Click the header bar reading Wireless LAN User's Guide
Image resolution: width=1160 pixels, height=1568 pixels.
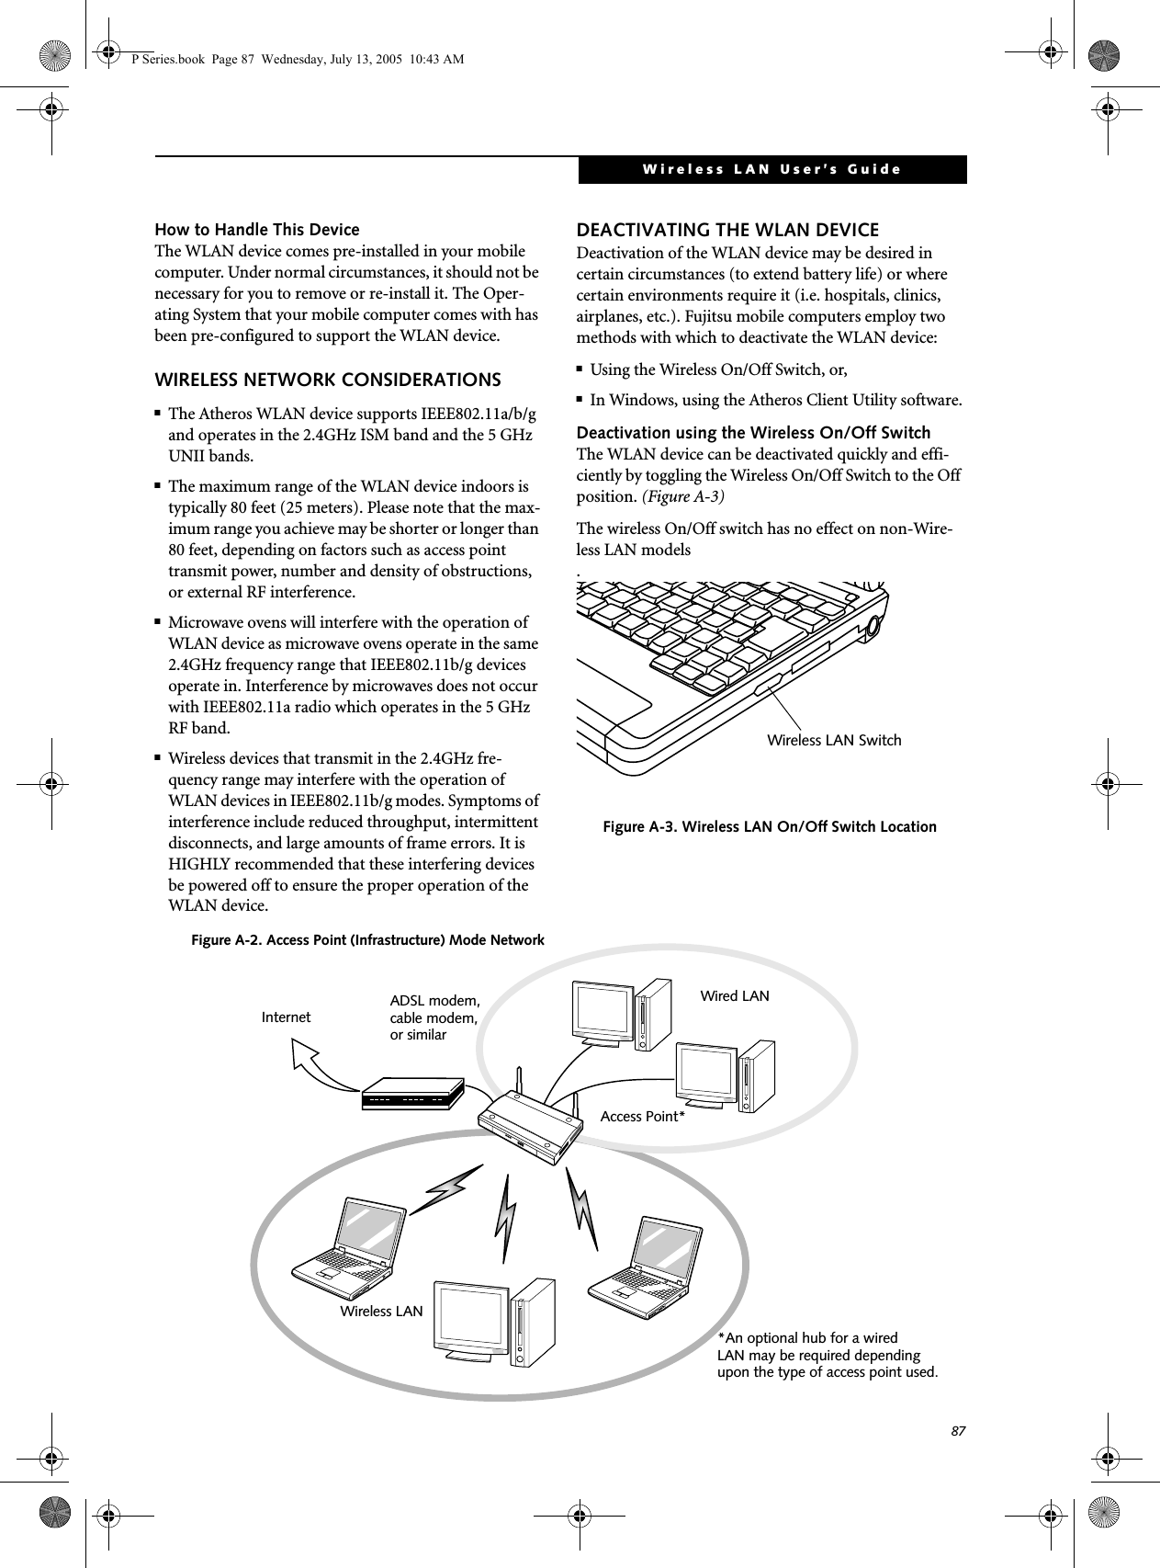[771, 170]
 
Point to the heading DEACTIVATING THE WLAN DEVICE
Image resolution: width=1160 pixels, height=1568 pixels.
[726, 230]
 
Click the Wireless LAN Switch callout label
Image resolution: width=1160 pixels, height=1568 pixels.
[834, 740]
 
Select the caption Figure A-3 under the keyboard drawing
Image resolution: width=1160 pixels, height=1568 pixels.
[770, 826]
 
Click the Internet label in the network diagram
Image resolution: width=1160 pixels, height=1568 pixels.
[286, 1017]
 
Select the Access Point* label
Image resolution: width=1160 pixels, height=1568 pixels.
[643, 1117]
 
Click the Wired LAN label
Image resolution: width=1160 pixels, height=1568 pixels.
[735, 995]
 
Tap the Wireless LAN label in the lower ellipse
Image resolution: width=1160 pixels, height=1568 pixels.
[381, 1311]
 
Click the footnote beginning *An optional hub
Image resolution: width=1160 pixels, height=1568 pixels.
[827, 1356]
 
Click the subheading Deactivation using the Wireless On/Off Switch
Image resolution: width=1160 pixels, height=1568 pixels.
[752, 433]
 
